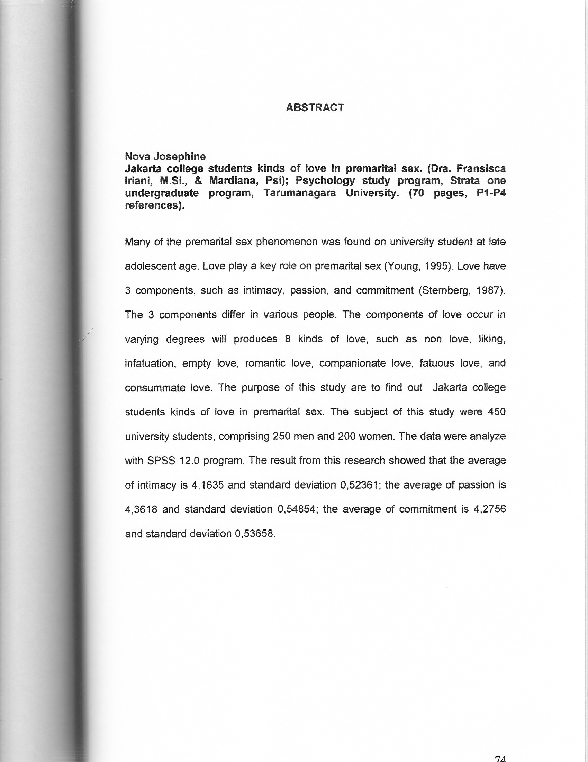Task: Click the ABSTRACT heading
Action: click(x=315, y=107)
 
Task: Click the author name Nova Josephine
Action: click(x=165, y=156)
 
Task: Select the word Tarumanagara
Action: click(x=299, y=193)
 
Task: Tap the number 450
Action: click(x=496, y=412)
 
